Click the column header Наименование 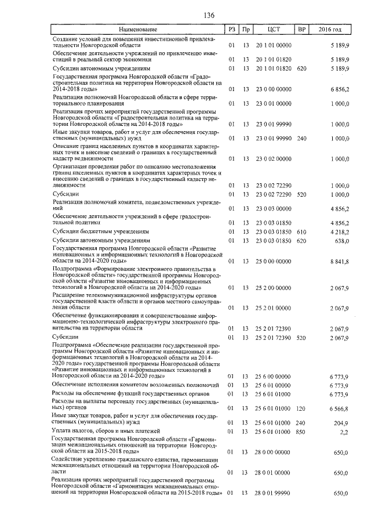click(x=138, y=29)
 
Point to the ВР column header click(x=301, y=29)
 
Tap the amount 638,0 click(x=341, y=240)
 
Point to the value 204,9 click(x=341, y=423)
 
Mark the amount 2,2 click(x=344, y=432)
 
